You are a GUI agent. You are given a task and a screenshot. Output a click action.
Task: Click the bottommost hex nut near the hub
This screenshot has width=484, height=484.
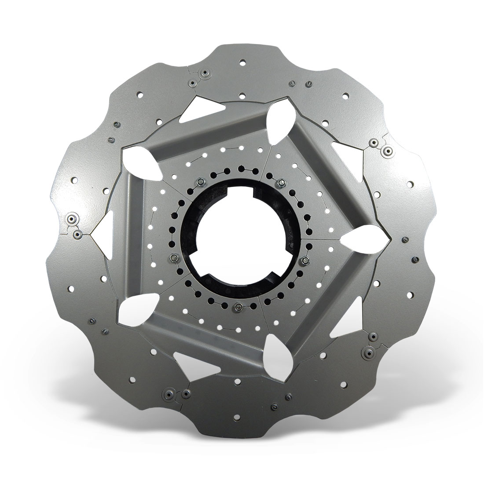click(238, 307)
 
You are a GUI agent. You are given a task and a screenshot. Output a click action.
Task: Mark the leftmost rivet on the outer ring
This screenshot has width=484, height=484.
click(70, 218)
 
